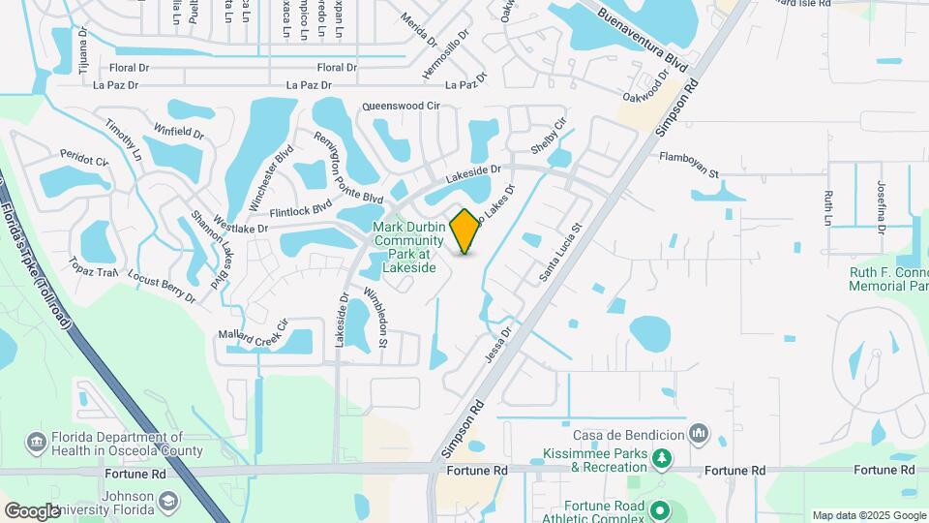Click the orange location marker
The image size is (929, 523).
click(x=465, y=231)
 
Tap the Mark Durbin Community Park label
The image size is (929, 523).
click(x=409, y=247)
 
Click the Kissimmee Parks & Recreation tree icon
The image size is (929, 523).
click(x=662, y=457)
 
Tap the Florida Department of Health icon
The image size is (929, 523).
click(x=37, y=443)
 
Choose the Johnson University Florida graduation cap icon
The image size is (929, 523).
click(x=168, y=501)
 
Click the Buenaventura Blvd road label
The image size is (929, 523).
click(x=642, y=44)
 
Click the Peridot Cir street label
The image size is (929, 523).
click(x=84, y=158)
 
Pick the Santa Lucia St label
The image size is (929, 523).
click(x=558, y=255)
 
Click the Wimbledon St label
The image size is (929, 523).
click(x=375, y=317)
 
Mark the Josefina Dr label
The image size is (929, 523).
click(x=882, y=208)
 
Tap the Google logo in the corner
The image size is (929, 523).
click(x=32, y=510)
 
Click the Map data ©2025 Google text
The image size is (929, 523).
click(x=868, y=515)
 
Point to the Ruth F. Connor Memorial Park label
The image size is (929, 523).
click(x=888, y=279)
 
